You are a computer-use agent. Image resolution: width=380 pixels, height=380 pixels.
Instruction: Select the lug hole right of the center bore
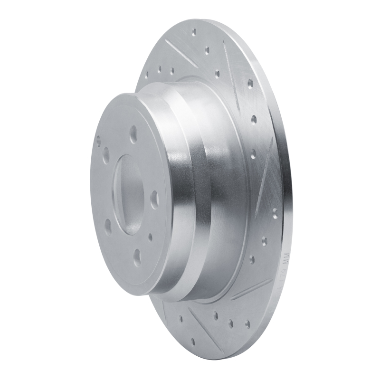point(154,200)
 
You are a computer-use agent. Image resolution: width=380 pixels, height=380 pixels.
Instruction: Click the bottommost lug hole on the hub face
point(137,257)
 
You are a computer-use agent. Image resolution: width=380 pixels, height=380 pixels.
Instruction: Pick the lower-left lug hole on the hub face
point(108,226)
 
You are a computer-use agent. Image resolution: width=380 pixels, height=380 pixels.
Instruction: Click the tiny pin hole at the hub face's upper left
point(98,141)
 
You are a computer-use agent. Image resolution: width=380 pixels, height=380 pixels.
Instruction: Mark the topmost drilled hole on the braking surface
point(194,32)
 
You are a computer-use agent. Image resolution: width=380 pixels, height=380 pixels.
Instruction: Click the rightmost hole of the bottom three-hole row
point(247,324)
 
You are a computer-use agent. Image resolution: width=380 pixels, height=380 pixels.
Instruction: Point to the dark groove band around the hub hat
point(202,190)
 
